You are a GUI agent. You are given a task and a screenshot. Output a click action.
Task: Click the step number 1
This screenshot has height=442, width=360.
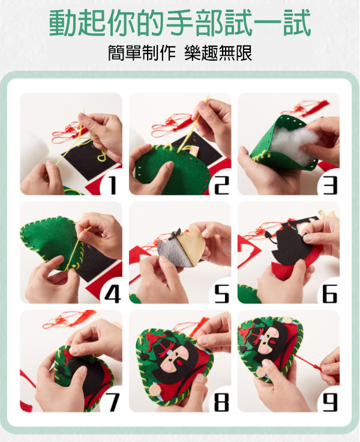coord(113,186)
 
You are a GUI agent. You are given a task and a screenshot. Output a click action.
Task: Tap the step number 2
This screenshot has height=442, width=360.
coord(221,186)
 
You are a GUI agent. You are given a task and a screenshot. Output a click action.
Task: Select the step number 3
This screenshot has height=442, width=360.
coord(330,186)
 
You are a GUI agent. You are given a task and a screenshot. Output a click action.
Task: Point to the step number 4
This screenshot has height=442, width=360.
coord(113,294)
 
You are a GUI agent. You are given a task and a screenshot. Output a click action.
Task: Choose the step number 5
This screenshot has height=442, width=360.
coord(221,294)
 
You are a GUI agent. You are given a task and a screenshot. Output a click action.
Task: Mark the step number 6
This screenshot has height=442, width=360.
coord(330,294)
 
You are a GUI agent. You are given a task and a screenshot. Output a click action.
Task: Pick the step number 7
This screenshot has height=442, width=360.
coord(114,402)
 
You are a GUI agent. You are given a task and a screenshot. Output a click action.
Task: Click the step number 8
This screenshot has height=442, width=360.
coord(221,402)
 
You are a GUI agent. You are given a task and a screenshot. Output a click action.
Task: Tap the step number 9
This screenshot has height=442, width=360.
coord(330,402)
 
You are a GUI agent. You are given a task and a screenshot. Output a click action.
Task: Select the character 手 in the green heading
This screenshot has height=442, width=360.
coord(180,23)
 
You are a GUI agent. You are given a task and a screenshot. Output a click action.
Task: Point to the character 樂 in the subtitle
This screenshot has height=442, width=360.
coord(193,53)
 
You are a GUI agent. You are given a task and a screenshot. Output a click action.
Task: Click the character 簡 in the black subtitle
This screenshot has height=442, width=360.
coord(116,53)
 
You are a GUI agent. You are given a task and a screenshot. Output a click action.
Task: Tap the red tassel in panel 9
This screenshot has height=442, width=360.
coord(316,366)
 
